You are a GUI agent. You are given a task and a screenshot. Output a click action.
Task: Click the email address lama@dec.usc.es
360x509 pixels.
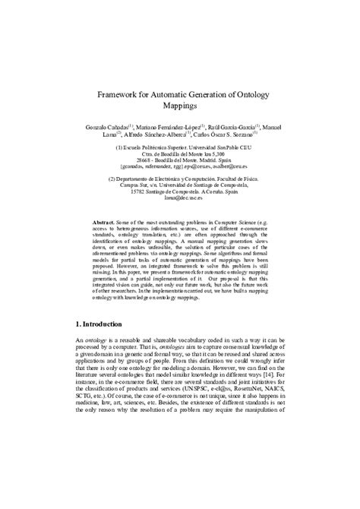point(180,200)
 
